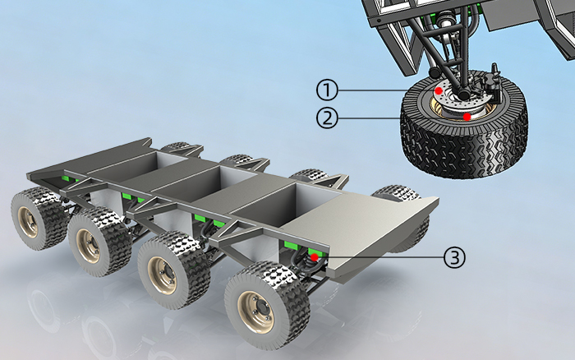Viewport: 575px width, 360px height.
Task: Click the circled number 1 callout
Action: coord(327,90)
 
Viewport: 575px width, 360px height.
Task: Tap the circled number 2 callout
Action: coord(327,118)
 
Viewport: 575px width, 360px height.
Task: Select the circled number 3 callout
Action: coord(454,257)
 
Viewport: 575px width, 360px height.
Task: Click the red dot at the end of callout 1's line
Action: coord(438,90)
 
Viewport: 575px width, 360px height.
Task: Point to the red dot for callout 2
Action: coord(467,117)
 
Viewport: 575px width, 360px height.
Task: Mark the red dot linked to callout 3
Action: coord(315,257)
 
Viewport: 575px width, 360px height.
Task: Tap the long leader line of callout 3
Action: coord(380,257)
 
